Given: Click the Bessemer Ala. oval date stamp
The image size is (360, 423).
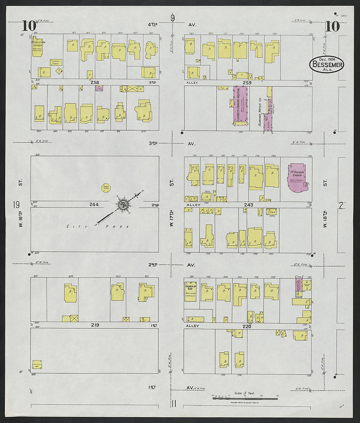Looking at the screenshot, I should coord(326,64).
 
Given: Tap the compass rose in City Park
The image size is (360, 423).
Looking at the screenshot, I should coord(124,205).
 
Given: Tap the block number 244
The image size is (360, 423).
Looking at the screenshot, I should coord(94,205).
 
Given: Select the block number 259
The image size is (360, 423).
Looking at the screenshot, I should coord(247,83).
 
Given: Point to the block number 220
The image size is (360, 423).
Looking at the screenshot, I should coord(247,326).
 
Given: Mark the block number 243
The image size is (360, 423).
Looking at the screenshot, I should coord(248,205).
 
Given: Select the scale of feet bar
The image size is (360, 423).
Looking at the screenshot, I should coord(245,398).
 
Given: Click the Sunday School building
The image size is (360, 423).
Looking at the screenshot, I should coord(56,62).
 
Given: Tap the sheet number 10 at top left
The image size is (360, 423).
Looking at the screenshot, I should coord(29,26).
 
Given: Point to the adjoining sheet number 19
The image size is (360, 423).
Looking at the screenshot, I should coord(16,205).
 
